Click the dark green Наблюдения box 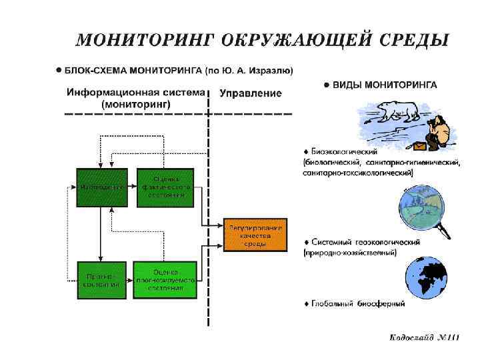(x=101, y=187)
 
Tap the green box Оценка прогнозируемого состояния (x=165, y=280)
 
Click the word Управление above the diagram (x=251, y=94)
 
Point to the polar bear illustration (x=395, y=111)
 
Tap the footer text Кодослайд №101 (x=425, y=338)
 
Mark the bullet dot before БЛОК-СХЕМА (x=59, y=69)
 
